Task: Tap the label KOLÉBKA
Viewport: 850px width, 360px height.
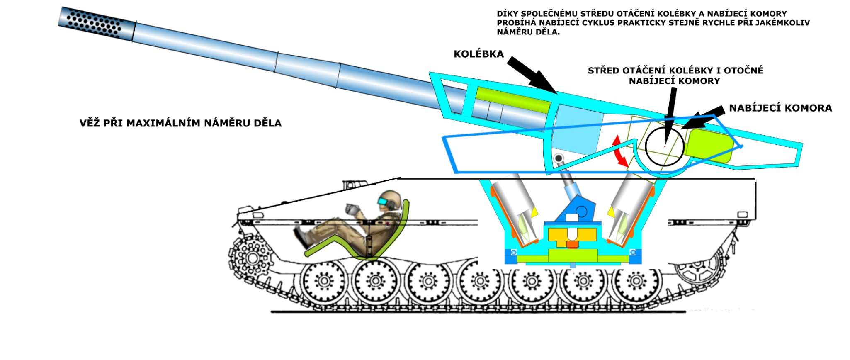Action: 478,54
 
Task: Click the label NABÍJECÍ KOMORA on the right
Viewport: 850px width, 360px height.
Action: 780,108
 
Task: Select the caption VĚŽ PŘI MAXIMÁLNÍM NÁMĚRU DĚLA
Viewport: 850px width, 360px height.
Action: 180,123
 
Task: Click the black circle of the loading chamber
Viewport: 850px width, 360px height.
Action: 663,146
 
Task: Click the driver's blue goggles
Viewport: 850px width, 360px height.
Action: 383,202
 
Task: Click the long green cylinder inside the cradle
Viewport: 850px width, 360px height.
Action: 513,100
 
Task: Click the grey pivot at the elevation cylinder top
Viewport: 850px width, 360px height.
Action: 559,158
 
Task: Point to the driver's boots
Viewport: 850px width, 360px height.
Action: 302,236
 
